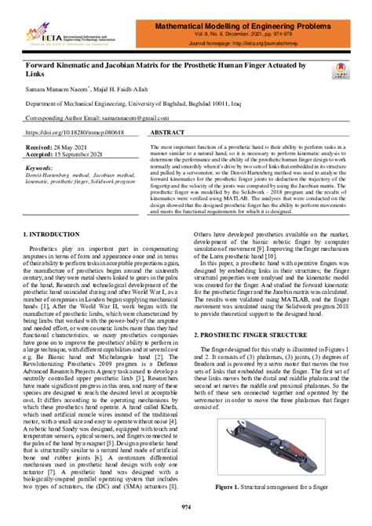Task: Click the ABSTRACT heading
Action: click(166, 134)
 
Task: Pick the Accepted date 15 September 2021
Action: click(68, 155)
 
